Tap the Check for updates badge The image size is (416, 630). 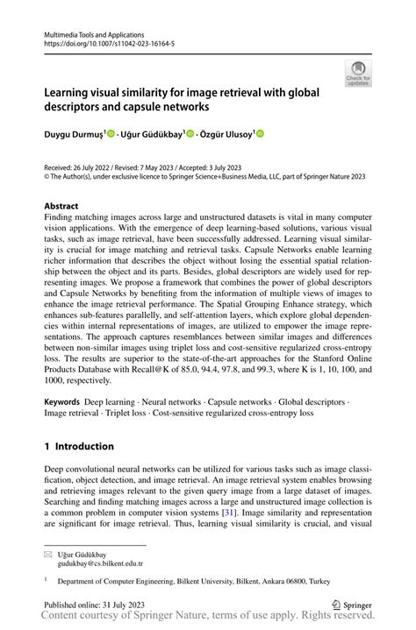click(x=357, y=74)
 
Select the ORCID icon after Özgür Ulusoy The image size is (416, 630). click(x=259, y=133)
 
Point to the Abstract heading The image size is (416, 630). click(x=66, y=207)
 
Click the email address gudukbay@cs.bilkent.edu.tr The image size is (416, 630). click(x=100, y=565)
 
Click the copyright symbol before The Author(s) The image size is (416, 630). click(x=47, y=176)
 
